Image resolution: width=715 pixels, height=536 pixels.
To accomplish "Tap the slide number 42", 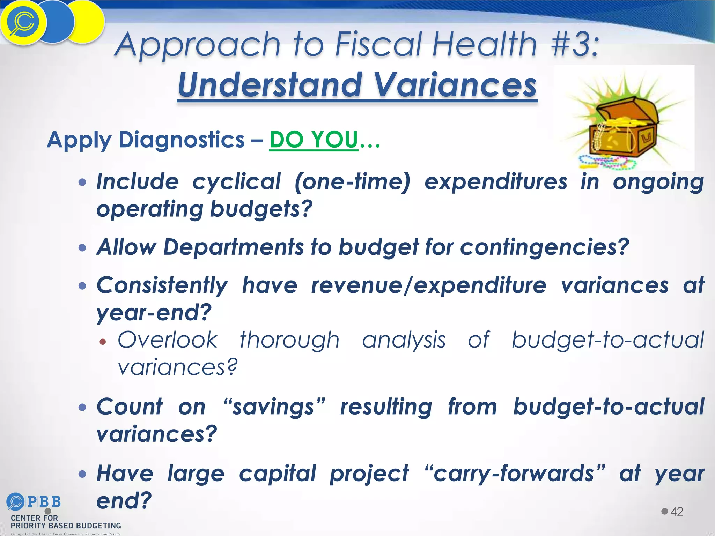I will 677,511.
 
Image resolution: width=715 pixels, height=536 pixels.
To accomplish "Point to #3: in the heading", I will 575,44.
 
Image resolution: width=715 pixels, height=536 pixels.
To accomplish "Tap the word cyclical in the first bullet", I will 236,182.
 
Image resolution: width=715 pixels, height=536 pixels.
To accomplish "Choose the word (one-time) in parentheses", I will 352,182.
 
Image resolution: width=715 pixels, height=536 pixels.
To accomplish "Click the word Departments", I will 234,247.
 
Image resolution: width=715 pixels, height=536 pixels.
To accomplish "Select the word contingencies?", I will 544,247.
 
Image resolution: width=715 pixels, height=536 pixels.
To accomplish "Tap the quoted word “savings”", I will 274,407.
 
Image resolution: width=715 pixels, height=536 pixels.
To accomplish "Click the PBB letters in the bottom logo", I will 44,502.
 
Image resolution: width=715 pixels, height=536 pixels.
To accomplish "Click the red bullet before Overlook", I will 102,342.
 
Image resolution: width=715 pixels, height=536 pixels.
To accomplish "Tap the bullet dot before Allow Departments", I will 82,248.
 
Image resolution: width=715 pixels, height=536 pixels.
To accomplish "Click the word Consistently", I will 162,285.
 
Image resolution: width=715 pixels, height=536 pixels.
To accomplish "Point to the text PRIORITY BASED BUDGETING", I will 66,526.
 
